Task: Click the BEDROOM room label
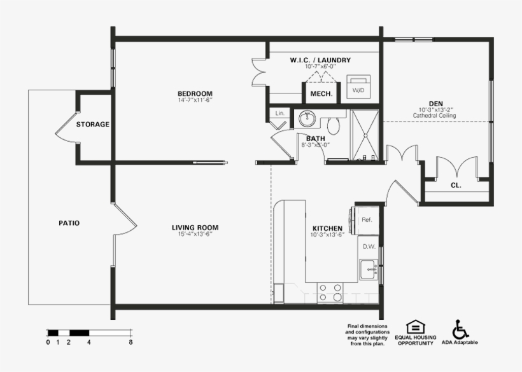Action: [x=195, y=93]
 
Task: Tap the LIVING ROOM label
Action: [x=195, y=228]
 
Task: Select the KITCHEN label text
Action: [x=327, y=228]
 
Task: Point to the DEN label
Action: [x=435, y=103]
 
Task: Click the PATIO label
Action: [x=69, y=223]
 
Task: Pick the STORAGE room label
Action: [x=93, y=125]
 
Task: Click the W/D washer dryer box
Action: [x=359, y=90]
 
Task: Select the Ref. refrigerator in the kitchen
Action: [x=367, y=220]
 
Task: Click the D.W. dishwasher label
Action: [x=368, y=246]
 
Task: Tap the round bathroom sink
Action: [x=307, y=118]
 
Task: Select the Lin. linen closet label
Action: [x=279, y=113]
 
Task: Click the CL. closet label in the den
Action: [x=456, y=186]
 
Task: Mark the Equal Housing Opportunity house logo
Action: [x=416, y=327]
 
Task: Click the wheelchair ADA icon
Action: [x=460, y=329]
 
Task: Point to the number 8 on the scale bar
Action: [x=130, y=342]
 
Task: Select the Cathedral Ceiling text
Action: [x=434, y=116]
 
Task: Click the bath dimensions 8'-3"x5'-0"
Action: [x=315, y=144]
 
